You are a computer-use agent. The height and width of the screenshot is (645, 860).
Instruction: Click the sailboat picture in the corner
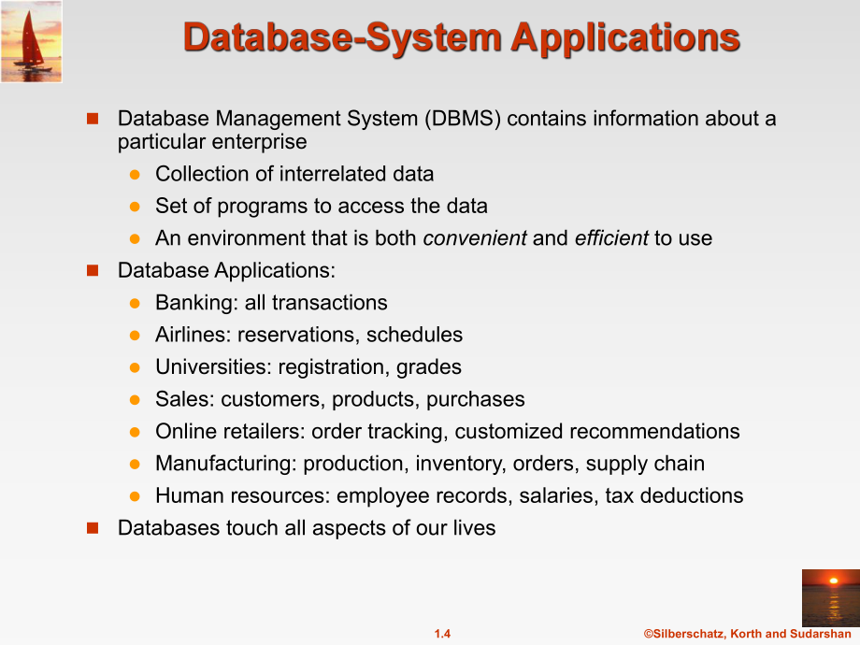pyautogui.click(x=31, y=42)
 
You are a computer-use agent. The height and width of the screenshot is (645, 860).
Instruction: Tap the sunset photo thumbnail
pyautogui.click(x=830, y=598)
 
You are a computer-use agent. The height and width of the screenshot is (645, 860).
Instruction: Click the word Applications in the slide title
pyautogui.click(x=625, y=37)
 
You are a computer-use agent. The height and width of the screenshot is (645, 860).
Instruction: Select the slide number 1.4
pyautogui.click(x=442, y=634)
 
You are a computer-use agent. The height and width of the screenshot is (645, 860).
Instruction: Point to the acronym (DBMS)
pyautogui.click(x=463, y=119)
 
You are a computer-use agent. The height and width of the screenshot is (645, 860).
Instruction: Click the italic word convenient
pyautogui.click(x=475, y=238)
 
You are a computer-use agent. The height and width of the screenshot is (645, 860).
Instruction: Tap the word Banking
pyautogui.click(x=195, y=303)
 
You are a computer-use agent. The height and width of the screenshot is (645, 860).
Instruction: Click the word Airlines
pyautogui.click(x=192, y=335)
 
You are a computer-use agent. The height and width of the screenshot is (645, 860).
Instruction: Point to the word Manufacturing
pyautogui.click(x=225, y=464)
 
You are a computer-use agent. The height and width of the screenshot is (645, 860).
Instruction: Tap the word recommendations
pyautogui.click(x=654, y=432)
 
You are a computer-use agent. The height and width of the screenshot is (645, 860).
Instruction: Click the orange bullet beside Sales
pyautogui.click(x=135, y=400)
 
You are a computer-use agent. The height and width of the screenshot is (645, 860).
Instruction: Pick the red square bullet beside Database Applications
pyautogui.click(x=93, y=270)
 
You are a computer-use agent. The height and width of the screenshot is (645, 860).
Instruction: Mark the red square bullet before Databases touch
pyautogui.click(x=93, y=528)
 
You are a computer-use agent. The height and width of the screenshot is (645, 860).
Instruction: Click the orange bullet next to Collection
pyautogui.click(x=135, y=175)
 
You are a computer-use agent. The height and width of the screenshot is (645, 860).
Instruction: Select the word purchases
pyautogui.click(x=476, y=400)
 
